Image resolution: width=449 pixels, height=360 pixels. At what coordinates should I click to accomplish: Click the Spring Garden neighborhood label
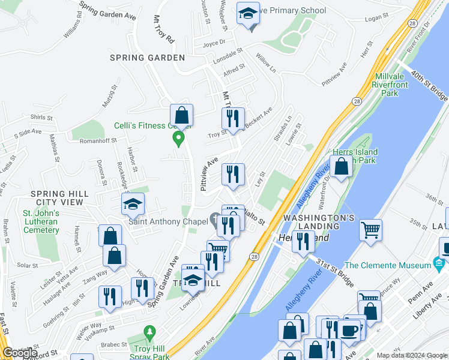pyautogui.click(x=147, y=58)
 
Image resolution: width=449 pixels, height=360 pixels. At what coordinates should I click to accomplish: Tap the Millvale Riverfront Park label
pyautogui.click(x=394, y=85)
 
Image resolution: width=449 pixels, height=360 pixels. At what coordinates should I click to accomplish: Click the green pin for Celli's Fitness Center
pyautogui.click(x=178, y=139)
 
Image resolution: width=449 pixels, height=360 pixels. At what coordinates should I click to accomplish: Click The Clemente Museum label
pyautogui.click(x=390, y=265)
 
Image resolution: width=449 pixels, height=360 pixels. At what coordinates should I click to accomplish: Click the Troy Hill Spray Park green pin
pyautogui.click(x=149, y=332)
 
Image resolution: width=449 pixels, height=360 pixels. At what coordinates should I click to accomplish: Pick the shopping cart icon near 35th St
pyautogui.click(x=371, y=230)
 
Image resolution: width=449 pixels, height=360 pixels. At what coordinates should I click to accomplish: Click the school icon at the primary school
pyautogui.click(x=247, y=15)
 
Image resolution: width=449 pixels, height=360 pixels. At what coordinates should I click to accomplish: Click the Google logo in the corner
pyautogui.click(x=19, y=353)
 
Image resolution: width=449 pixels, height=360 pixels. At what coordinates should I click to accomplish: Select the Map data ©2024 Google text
pyautogui.click(x=412, y=355)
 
